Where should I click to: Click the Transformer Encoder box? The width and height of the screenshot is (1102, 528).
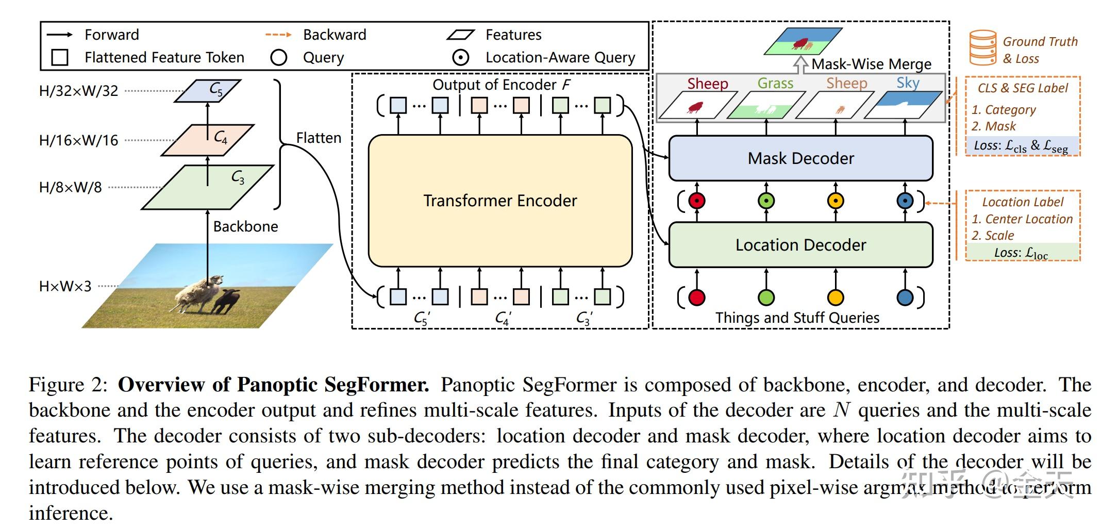[500, 201]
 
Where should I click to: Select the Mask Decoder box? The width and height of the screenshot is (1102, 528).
[800, 158]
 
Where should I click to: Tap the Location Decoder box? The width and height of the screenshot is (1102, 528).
[800, 245]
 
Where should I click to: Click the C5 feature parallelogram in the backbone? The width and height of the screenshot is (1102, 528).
[208, 91]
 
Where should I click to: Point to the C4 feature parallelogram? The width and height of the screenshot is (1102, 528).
[208, 139]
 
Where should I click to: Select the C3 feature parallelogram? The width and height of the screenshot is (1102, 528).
[208, 187]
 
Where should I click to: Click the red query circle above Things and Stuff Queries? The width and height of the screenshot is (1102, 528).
[697, 298]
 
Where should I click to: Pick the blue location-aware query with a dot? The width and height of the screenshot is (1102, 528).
[905, 201]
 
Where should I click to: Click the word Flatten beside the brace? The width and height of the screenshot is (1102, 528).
[319, 138]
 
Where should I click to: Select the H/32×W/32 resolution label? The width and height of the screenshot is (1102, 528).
[78, 91]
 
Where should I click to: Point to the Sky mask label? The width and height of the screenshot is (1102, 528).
[908, 83]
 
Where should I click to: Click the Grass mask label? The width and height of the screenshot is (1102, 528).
[775, 83]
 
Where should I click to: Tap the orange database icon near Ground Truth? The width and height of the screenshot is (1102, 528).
[982, 48]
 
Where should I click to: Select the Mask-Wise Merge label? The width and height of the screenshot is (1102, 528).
[871, 64]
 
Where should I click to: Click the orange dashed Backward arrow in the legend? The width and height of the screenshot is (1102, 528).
[278, 35]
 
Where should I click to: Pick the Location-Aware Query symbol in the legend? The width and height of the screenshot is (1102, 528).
[460, 58]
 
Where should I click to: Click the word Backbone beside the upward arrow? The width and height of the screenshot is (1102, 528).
[245, 226]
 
